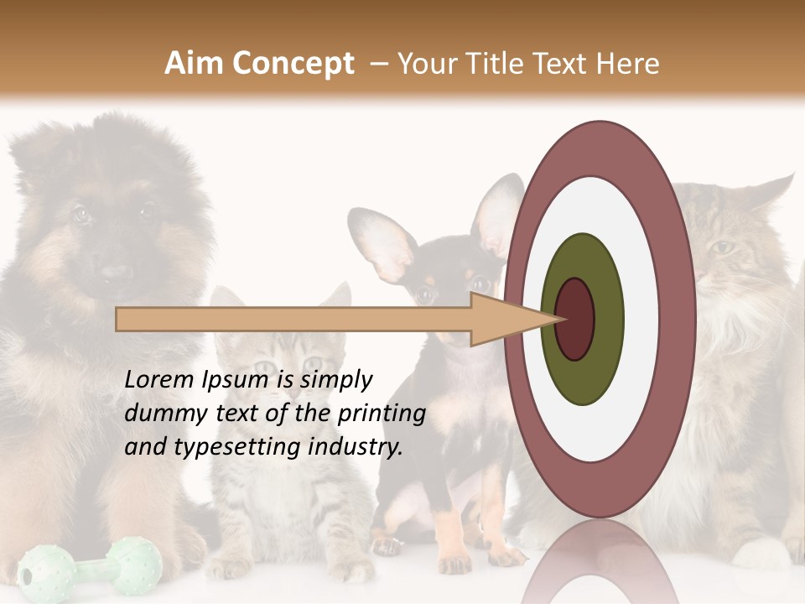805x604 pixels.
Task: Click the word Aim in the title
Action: tap(194, 64)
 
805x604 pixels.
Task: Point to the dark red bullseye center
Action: tap(575, 319)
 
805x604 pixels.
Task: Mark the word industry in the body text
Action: tap(356, 447)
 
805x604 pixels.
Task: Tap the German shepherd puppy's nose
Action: tap(116, 271)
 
